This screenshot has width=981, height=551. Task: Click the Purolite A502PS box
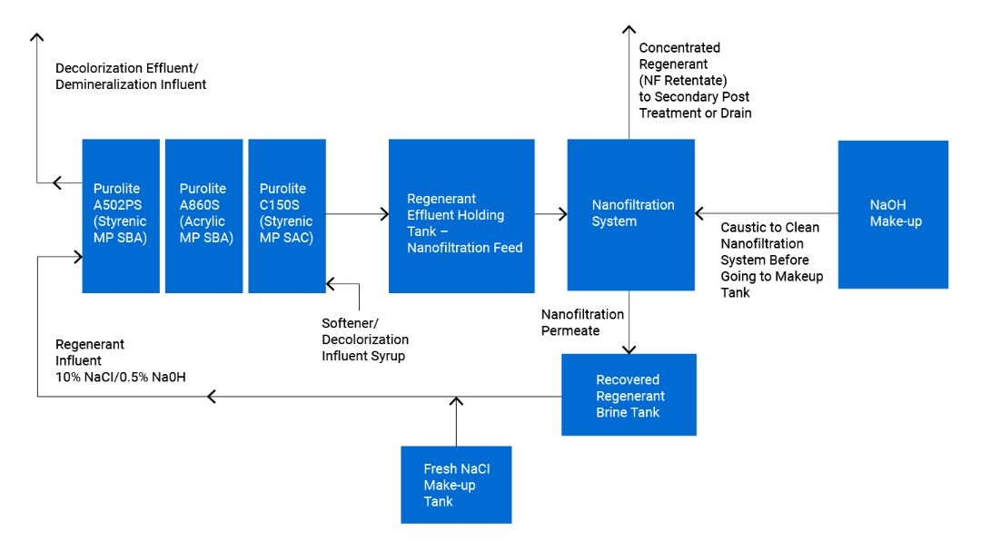pyautogui.click(x=121, y=216)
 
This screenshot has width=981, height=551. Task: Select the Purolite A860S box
pyautogui.click(x=203, y=216)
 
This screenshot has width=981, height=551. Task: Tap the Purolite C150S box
pyautogui.click(x=286, y=216)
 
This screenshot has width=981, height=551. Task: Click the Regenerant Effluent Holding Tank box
pyautogui.click(x=461, y=216)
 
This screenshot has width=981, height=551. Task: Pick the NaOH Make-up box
pyautogui.click(x=892, y=214)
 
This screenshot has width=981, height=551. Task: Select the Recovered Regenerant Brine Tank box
pyautogui.click(x=629, y=395)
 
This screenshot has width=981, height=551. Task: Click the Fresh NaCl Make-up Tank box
pyautogui.click(x=456, y=485)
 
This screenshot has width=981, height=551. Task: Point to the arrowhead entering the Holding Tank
pyautogui.click(x=383, y=214)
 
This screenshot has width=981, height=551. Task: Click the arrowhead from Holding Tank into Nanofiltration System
pyautogui.click(x=562, y=214)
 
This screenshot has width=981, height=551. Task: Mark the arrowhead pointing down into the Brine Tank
pyautogui.click(x=629, y=349)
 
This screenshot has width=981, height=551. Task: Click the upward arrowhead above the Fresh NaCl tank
pyautogui.click(x=456, y=401)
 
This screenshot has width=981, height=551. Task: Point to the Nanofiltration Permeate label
pyautogui.click(x=582, y=322)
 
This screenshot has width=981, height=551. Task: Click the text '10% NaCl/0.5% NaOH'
pyautogui.click(x=121, y=377)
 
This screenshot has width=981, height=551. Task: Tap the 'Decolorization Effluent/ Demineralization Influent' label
pyautogui.click(x=131, y=76)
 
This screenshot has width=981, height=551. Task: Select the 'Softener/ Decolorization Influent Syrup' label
pyautogui.click(x=365, y=339)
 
